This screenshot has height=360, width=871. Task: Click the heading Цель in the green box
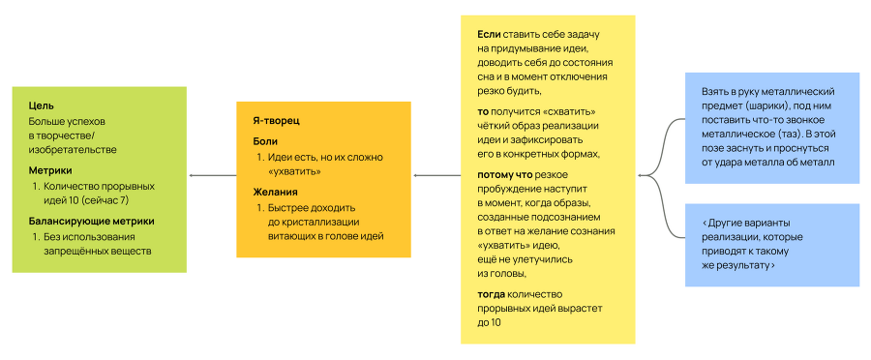point(41,105)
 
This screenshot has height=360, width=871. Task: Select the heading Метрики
point(49,169)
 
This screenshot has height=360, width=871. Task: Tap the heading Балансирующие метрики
point(90,221)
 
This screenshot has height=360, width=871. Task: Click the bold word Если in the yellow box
point(489,34)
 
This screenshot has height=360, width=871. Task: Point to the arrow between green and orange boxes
point(212,175)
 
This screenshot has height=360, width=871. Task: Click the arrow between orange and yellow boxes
point(436,175)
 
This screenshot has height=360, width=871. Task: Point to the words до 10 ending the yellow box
point(489,321)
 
